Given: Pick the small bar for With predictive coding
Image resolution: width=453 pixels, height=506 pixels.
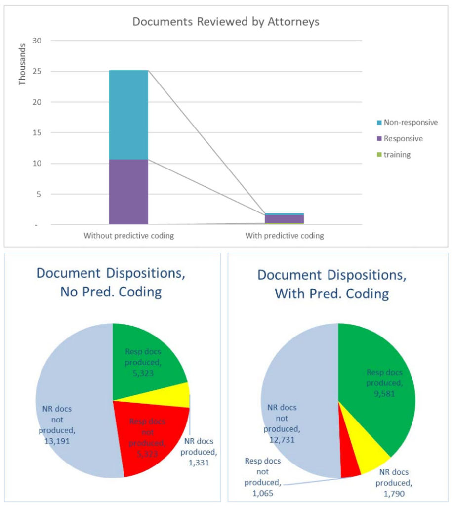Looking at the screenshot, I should [x=284, y=219].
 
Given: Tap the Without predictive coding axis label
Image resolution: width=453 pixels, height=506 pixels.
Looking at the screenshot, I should [x=128, y=236].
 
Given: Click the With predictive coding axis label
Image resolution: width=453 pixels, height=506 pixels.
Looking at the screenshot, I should [x=285, y=236].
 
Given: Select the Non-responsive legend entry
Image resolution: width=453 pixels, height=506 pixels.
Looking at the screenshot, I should [x=410, y=122].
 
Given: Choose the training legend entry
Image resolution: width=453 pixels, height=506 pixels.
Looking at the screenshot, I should [x=396, y=155].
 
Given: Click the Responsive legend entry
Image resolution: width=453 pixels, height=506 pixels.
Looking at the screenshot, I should [x=403, y=138].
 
